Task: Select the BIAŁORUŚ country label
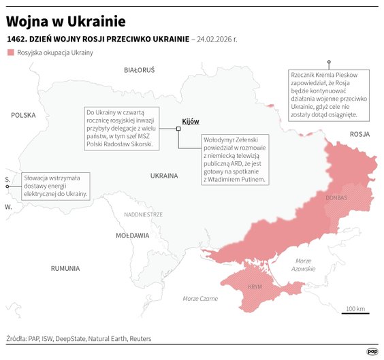click(x=140, y=70)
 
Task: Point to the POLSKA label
click(x=22, y=116)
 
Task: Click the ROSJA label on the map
click(x=359, y=135)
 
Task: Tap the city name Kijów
click(x=191, y=121)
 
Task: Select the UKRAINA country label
click(x=164, y=176)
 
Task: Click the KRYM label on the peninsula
click(x=255, y=287)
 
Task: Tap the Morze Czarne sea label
click(x=200, y=299)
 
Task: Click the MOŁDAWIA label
click(x=132, y=235)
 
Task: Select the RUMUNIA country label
click(x=65, y=268)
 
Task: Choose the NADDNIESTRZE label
click(x=143, y=214)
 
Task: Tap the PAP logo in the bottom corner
click(x=372, y=351)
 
